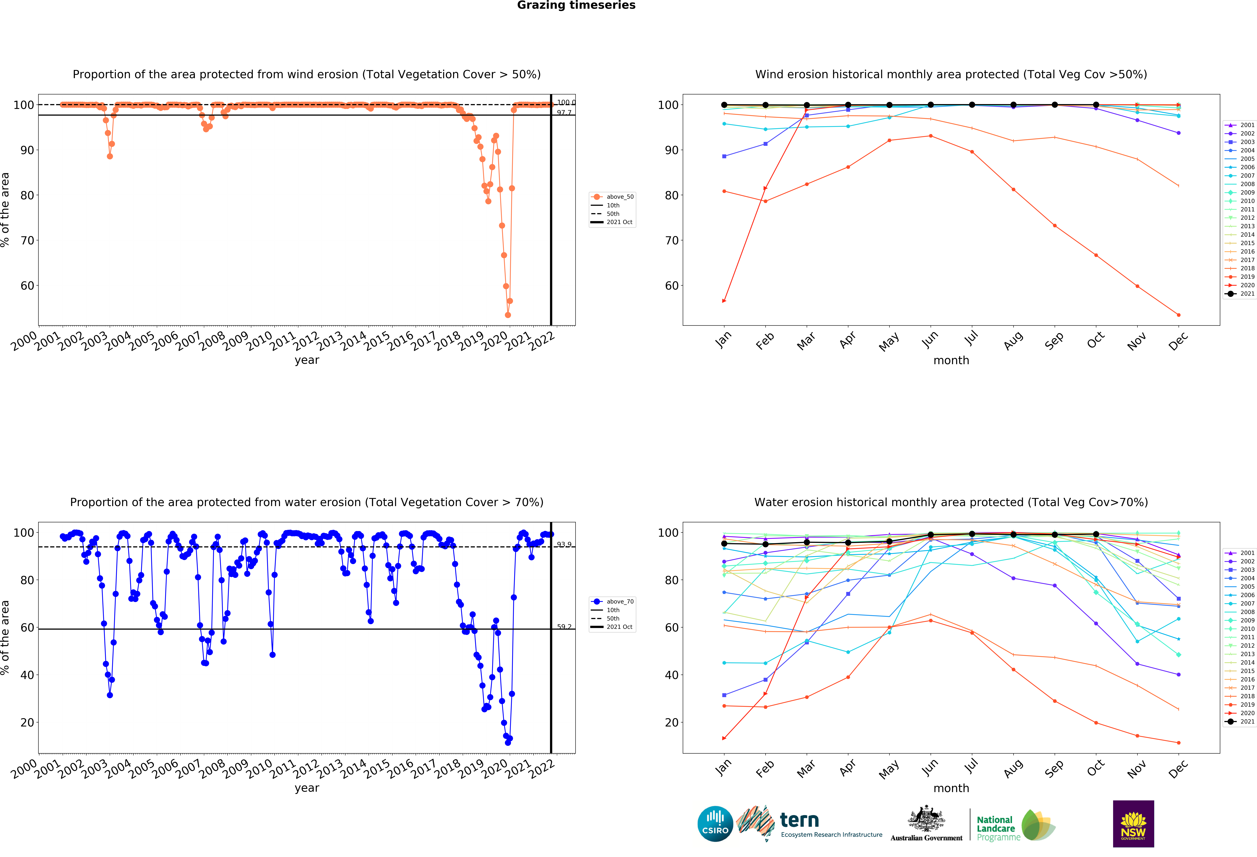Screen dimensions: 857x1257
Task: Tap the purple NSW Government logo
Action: (1133, 823)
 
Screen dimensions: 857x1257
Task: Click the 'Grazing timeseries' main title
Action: (576, 5)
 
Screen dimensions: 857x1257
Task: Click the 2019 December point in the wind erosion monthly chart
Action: (1179, 315)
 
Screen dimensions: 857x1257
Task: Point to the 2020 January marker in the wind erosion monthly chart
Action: (724, 301)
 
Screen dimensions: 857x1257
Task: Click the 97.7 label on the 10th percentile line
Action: (564, 113)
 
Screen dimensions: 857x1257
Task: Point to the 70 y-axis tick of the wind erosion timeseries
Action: (27, 241)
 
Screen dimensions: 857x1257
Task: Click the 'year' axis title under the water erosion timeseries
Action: (307, 788)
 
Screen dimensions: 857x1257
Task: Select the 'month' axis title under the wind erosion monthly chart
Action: (951, 360)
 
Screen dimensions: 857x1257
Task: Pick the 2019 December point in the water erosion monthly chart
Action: (1179, 743)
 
